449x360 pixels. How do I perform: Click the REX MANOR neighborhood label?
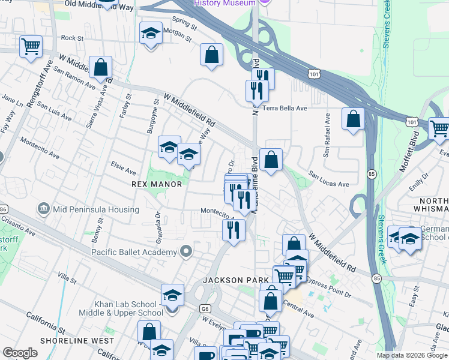157,184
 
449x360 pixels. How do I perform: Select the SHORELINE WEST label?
77,340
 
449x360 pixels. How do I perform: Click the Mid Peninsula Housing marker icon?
43,209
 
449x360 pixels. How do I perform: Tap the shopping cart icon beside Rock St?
31,46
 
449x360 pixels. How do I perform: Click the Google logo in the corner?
20,353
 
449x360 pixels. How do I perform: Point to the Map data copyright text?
412,355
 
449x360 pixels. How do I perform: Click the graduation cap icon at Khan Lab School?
172,295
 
